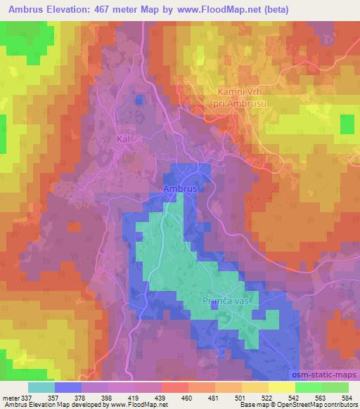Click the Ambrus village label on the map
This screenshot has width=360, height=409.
click(179, 190)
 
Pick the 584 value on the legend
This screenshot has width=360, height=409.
click(347, 397)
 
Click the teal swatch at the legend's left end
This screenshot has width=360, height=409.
click(41, 387)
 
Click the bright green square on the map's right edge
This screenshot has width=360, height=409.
click(347, 124)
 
